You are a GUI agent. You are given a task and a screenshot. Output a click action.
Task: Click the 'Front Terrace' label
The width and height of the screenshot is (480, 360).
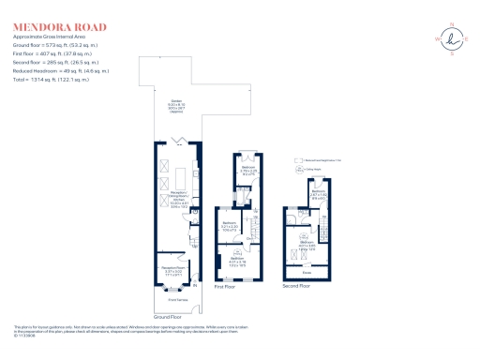[x=176, y=299]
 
